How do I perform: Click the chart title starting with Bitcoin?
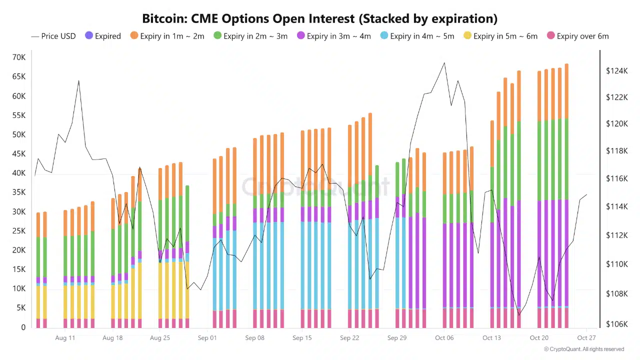[319, 19]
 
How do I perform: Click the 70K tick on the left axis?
[19, 57]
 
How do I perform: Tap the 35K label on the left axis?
[19, 192]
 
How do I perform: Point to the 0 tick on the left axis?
[23, 327]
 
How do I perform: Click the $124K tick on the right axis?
[616, 71]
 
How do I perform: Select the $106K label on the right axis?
[616, 324]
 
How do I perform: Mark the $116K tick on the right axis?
[616, 178]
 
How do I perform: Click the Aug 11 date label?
[65, 338]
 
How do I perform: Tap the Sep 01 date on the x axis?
[207, 338]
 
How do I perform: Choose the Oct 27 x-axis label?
[586, 338]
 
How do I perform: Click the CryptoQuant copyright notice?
[584, 349]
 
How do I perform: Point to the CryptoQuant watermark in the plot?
[315, 186]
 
